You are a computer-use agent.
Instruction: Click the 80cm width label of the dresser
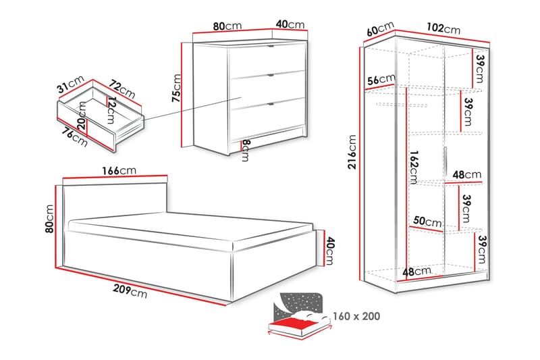(227, 26)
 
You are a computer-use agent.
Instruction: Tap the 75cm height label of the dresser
(176, 88)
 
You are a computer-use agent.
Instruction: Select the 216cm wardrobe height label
(352, 151)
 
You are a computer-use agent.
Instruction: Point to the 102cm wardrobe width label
(443, 28)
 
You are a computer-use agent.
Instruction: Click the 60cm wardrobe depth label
(380, 28)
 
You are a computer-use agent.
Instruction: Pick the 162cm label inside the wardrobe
(414, 167)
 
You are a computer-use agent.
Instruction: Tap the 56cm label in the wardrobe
(381, 80)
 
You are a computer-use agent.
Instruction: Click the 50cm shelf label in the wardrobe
(427, 222)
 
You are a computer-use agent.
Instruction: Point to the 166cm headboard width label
(119, 170)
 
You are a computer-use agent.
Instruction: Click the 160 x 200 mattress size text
(356, 316)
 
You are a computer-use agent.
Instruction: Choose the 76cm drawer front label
(75, 137)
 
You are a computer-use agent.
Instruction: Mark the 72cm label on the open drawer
(122, 89)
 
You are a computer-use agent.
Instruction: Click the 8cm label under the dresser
(245, 150)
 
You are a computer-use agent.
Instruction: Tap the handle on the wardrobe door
(446, 161)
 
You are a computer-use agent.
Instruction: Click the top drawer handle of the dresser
(271, 46)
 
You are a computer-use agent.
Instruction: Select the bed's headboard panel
(115, 203)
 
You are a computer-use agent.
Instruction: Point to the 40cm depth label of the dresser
(290, 24)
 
